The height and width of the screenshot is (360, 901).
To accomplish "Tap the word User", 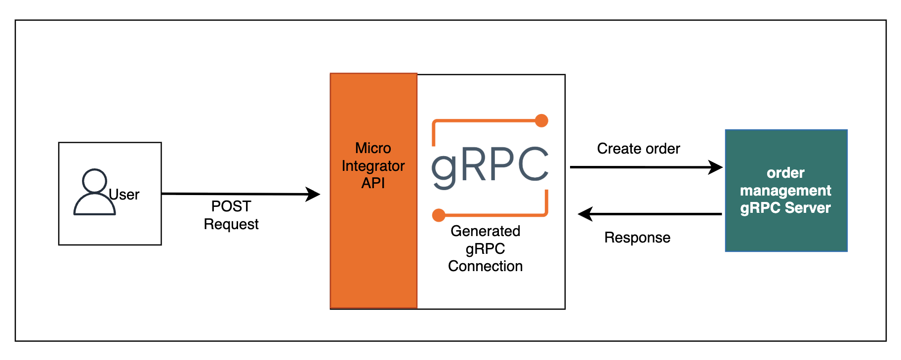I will (x=124, y=195).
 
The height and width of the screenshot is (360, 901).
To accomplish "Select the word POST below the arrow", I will (x=231, y=206).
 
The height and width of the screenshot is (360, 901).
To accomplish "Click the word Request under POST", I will (x=231, y=224).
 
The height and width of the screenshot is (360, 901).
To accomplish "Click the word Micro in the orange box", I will (x=373, y=148).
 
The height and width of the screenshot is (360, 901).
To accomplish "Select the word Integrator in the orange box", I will (x=373, y=166).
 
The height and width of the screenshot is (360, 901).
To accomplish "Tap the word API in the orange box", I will (x=373, y=183).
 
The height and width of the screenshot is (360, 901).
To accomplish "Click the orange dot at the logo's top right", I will (x=541, y=120).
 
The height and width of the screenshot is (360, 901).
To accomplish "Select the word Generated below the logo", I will (x=485, y=231).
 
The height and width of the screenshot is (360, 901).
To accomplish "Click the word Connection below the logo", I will (x=485, y=266).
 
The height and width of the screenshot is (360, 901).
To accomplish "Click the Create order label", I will (x=638, y=149).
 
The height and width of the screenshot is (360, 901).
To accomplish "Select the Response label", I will (x=637, y=238).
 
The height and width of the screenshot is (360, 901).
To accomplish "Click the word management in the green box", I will (x=785, y=190).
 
